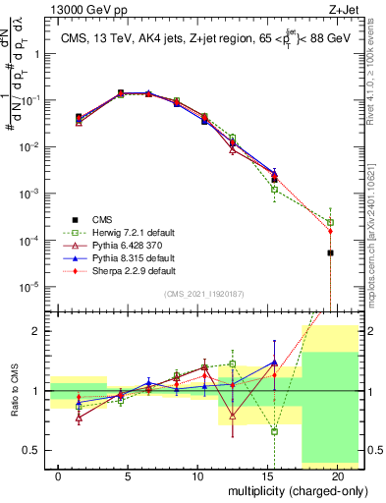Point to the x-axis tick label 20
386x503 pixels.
point(337,475)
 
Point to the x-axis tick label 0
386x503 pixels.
point(59,475)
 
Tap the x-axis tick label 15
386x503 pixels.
point(267,475)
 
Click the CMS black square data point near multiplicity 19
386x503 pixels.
point(330,252)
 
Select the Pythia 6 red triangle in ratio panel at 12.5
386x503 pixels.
point(233,417)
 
